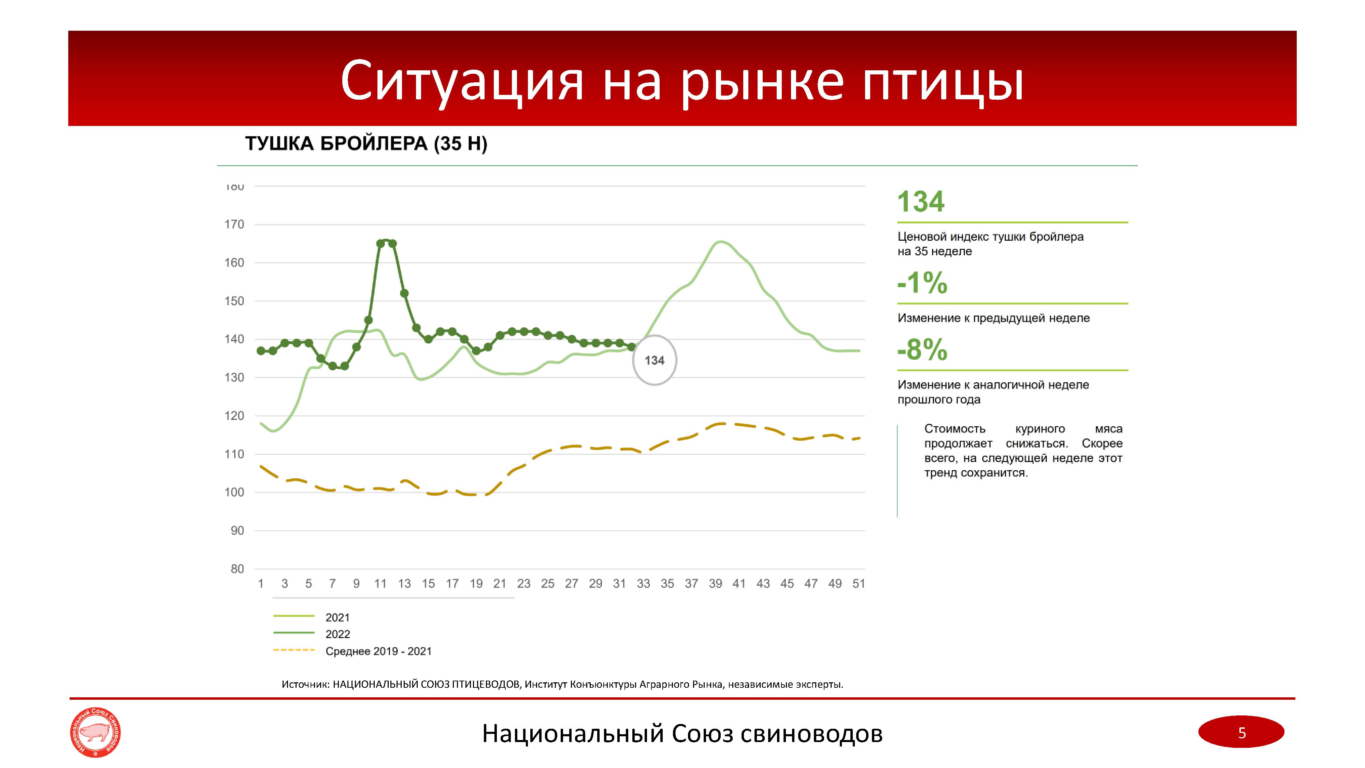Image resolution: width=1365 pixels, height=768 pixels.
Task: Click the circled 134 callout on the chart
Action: click(655, 361)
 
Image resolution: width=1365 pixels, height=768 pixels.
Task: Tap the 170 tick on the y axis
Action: click(234, 225)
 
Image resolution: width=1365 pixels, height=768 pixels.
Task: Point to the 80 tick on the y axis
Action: click(237, 569)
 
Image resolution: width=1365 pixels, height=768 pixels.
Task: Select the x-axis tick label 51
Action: click(859, 584)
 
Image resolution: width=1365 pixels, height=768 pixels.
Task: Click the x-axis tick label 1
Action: click(261, 584)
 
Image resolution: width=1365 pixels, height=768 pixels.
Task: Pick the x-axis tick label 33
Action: click(643, 584)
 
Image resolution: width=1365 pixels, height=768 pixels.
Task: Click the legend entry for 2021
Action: click(337, 617)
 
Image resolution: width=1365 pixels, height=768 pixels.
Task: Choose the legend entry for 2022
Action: click(337, 635)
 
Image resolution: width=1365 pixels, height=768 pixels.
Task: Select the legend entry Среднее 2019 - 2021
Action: click(378, 651)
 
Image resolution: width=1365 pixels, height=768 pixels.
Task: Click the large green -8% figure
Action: click(922, 350)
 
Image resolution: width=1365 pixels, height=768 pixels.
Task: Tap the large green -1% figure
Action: click(922, 283)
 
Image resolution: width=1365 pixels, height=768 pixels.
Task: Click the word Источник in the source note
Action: click(305, 684)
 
